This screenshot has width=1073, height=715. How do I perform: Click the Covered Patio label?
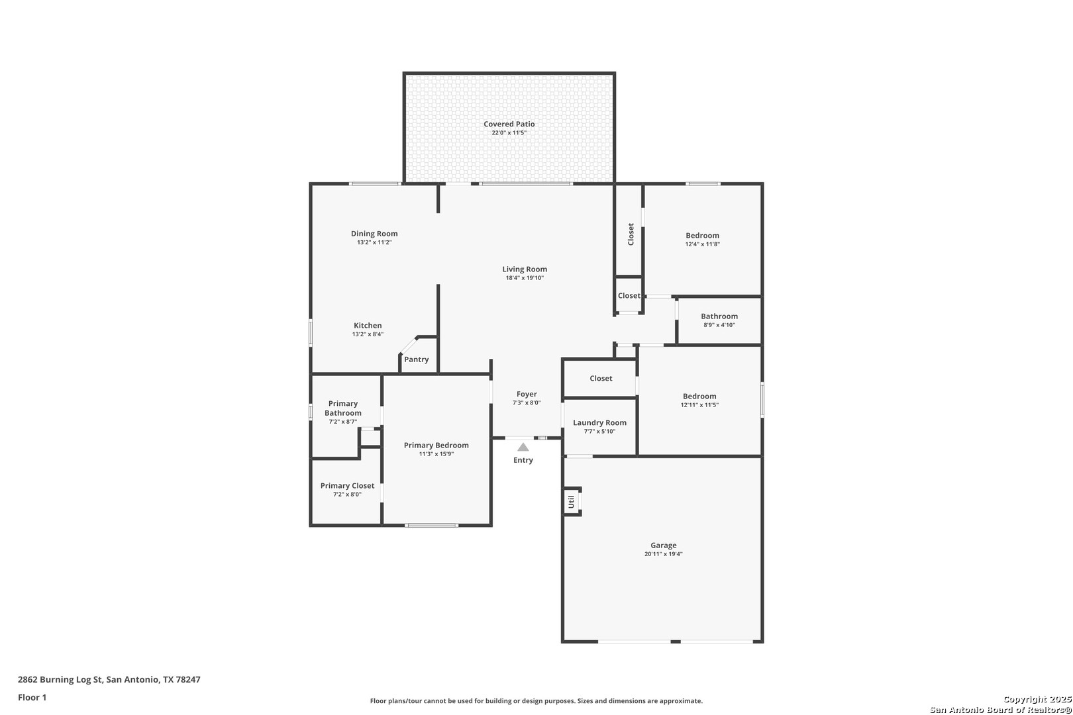point(509,124)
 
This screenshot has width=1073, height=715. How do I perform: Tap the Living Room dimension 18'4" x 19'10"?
point(525,278)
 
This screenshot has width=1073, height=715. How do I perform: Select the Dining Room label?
point(374,234)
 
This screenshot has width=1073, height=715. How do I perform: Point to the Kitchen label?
point(368,326)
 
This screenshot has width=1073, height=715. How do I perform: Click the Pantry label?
point(416,359)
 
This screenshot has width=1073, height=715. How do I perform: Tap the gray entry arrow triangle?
point(523,447)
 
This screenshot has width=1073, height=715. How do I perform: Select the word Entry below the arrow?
point(523,460)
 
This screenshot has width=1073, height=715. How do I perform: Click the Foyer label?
point(527,394)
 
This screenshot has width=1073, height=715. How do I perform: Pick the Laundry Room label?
point(599,423)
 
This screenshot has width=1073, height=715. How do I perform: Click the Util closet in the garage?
point(572,502)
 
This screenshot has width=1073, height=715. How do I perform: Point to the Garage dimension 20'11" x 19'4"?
point(664,554)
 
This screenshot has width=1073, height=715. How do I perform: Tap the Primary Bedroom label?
point(436,446)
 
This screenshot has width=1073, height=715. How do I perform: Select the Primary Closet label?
point(347,486)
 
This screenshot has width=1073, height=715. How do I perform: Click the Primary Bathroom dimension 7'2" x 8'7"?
point(343,422)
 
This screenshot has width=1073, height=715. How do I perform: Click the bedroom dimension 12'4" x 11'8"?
point(702,244)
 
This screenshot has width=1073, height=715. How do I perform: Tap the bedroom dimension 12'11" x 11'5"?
point(699,405)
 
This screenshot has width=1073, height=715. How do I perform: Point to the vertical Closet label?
point(631,234)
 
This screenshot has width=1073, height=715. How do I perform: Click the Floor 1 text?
point(32,697)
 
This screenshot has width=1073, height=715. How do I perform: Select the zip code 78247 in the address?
point(188,679)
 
